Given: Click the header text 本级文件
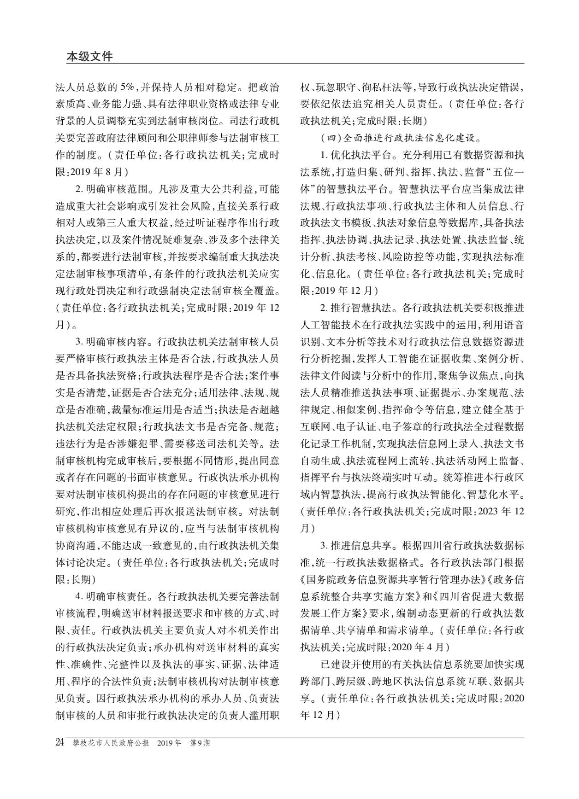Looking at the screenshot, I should point(89,57).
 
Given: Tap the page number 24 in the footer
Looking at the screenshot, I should point(59,742).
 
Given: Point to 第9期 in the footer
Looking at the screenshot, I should point(200,743).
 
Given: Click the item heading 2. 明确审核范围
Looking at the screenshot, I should point(113,189).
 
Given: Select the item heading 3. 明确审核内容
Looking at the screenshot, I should point(113,342).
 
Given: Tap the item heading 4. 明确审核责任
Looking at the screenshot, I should point(113,597).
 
